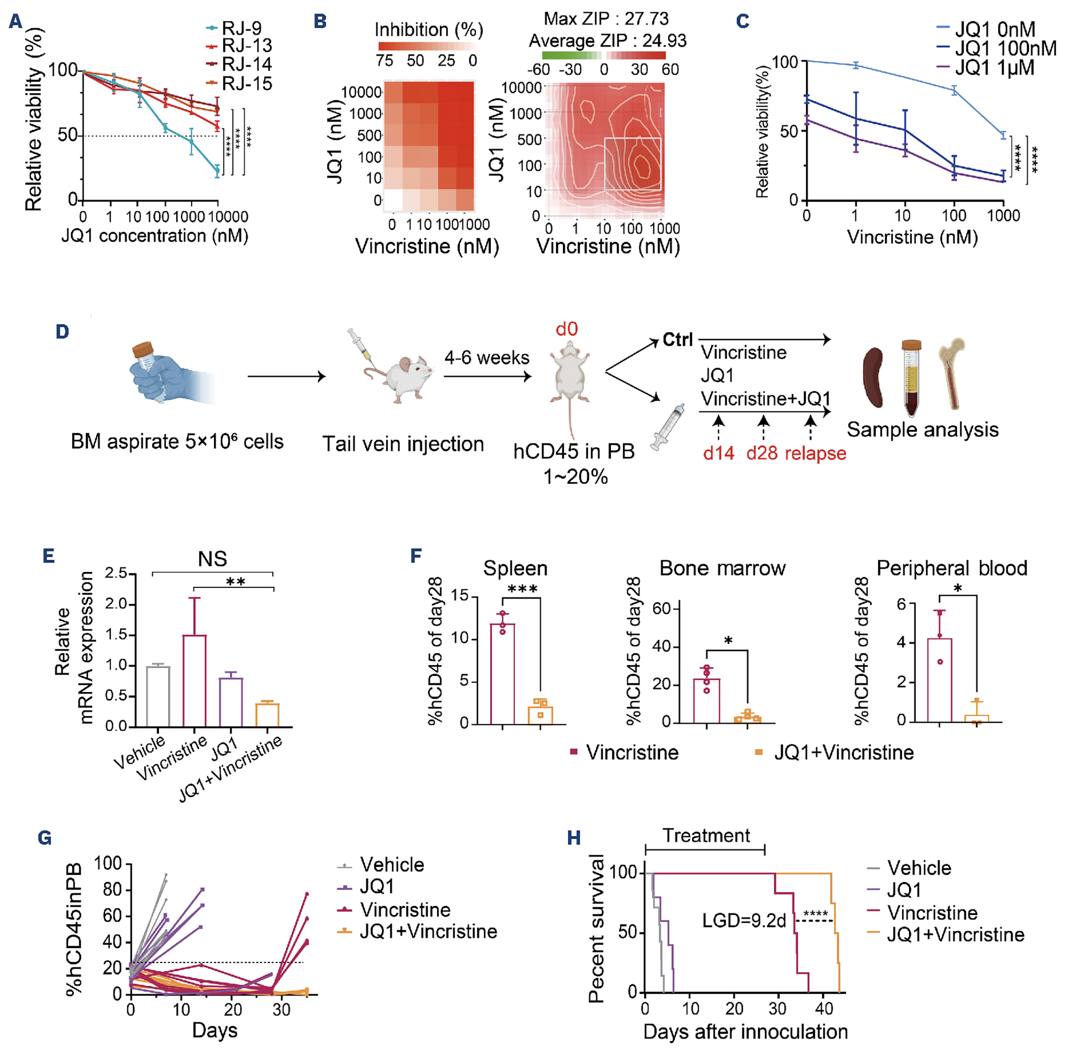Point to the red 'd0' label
tap(567, 329)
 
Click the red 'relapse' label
tap(815, 453)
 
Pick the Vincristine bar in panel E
tap(194, 681)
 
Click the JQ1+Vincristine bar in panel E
tap(268, 715)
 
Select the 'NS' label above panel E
tap(212, 559)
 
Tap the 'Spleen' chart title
tap(515, 568)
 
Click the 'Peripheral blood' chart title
tap(951, 568)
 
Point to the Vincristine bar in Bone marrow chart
tap(706, 700)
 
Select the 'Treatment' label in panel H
tap(706, 836)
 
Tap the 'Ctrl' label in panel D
tap(677, 340)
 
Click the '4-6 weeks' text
tap(486, 358)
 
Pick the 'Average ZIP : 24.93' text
tap(607, 41)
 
